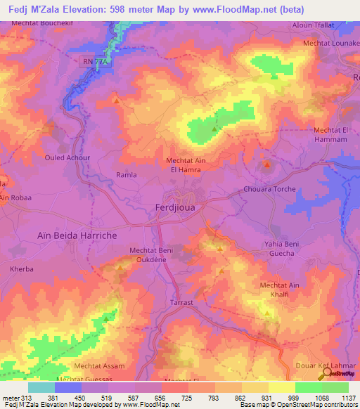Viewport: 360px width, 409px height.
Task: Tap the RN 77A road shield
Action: pyautogui.click(x=96, y=63)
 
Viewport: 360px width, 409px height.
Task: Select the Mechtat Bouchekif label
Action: pyautogui.click(x=42, y=23)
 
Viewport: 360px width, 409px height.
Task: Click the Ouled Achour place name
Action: pyautogui.click(x=67, y=157)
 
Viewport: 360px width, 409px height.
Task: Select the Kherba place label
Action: pyautogui.click(x=22, y=269)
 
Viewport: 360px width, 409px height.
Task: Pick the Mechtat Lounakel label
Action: pyautogui.click(x=331, y=44)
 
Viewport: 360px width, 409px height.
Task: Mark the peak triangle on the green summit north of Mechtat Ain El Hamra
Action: pyautogui.click(x=215, y=129)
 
